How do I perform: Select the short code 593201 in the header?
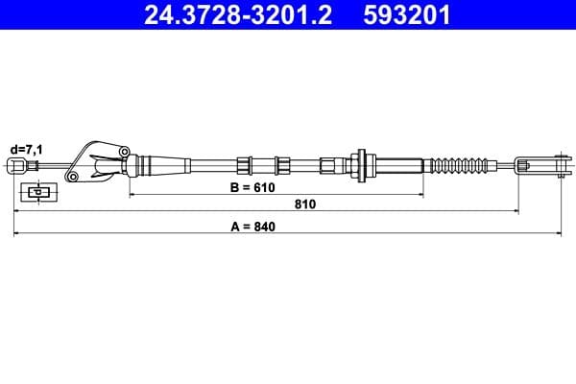tap(408, 15)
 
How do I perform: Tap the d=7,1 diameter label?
tap(25, 149)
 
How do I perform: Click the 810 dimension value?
tap(304, 204)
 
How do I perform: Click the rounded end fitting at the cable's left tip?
tap(16, 167)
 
